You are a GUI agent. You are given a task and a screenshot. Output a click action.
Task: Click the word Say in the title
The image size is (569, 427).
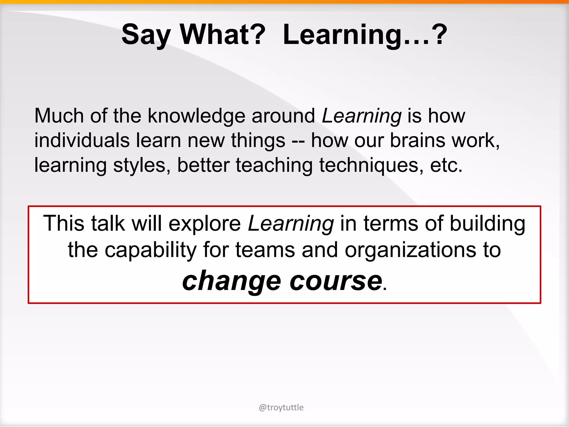pos(146,35)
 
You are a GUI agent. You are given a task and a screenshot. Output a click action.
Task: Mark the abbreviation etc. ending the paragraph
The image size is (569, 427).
pos(446,165)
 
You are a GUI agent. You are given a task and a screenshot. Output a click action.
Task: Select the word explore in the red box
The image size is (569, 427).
pos(205,224)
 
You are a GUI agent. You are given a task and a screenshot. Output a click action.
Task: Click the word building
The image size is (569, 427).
pos(488,224)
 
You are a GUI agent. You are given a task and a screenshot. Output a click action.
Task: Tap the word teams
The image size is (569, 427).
pos(265,250)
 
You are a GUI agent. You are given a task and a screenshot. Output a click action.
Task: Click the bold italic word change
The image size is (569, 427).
pos(232,281)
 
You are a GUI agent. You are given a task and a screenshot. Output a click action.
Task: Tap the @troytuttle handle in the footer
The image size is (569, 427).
pos(281,408)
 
